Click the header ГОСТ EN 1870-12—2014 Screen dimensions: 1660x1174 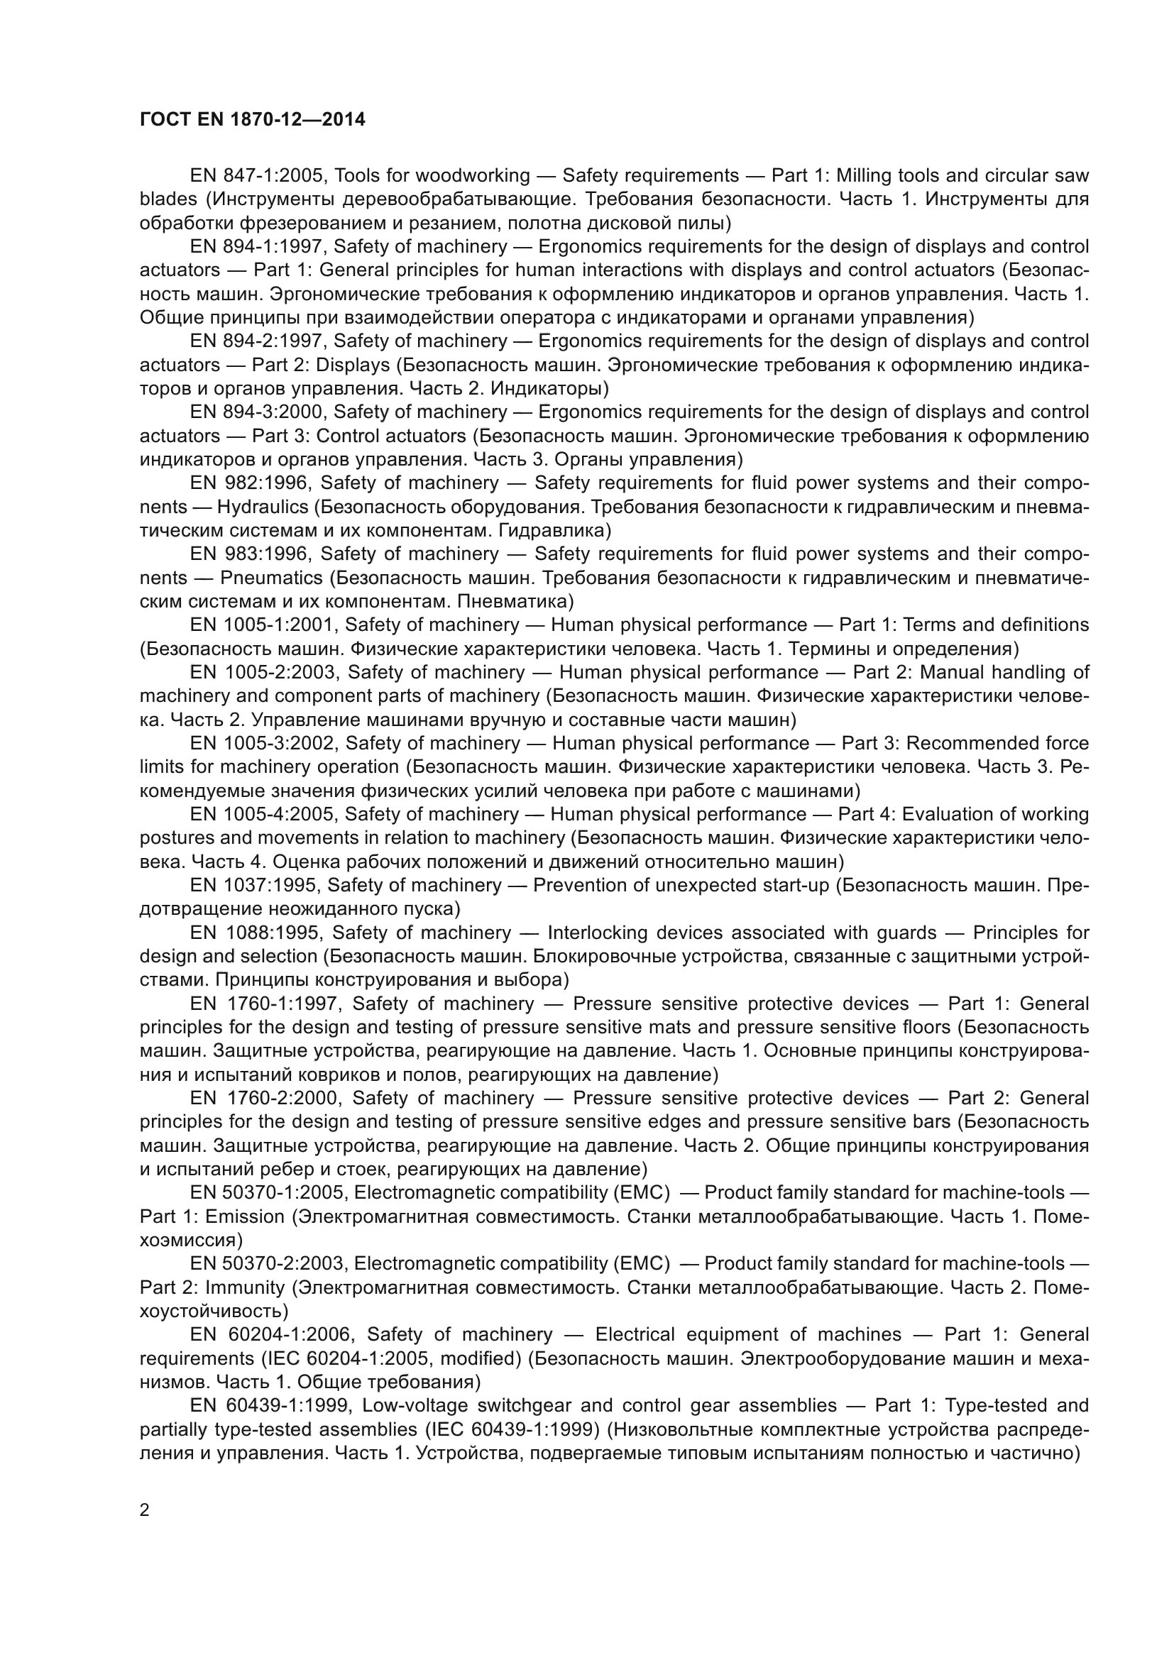tap(252, 119)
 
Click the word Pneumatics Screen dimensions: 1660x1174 tap(271, 578)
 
